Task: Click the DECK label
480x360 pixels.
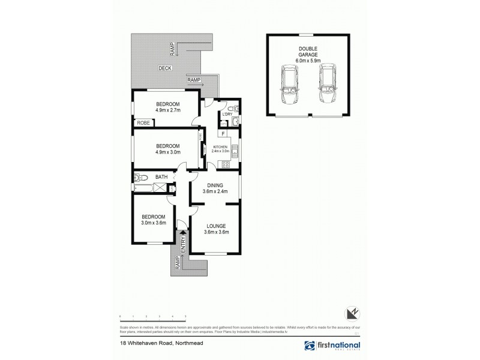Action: (x=165, y=68)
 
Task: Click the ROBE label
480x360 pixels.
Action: (x=143, y=122)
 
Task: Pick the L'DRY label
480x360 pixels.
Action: (x=227, y=114)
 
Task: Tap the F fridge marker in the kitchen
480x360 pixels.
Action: (x=223, y=134)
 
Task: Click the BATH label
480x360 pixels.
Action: (x=161, y=177)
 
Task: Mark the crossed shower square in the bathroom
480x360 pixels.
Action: (x=161, y=188)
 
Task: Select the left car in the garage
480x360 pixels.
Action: (x=289, y=86)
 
